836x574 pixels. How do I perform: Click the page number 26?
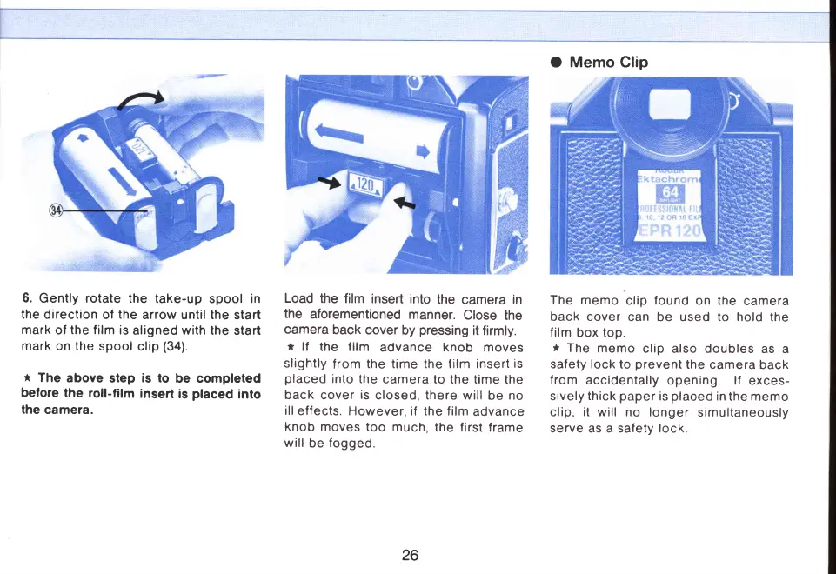point(411,555)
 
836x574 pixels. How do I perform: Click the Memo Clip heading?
point(608,62)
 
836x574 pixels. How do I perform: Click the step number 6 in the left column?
point(26,299)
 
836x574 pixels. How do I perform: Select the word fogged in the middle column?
point(358,444)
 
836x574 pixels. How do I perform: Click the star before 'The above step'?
point(27,378)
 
